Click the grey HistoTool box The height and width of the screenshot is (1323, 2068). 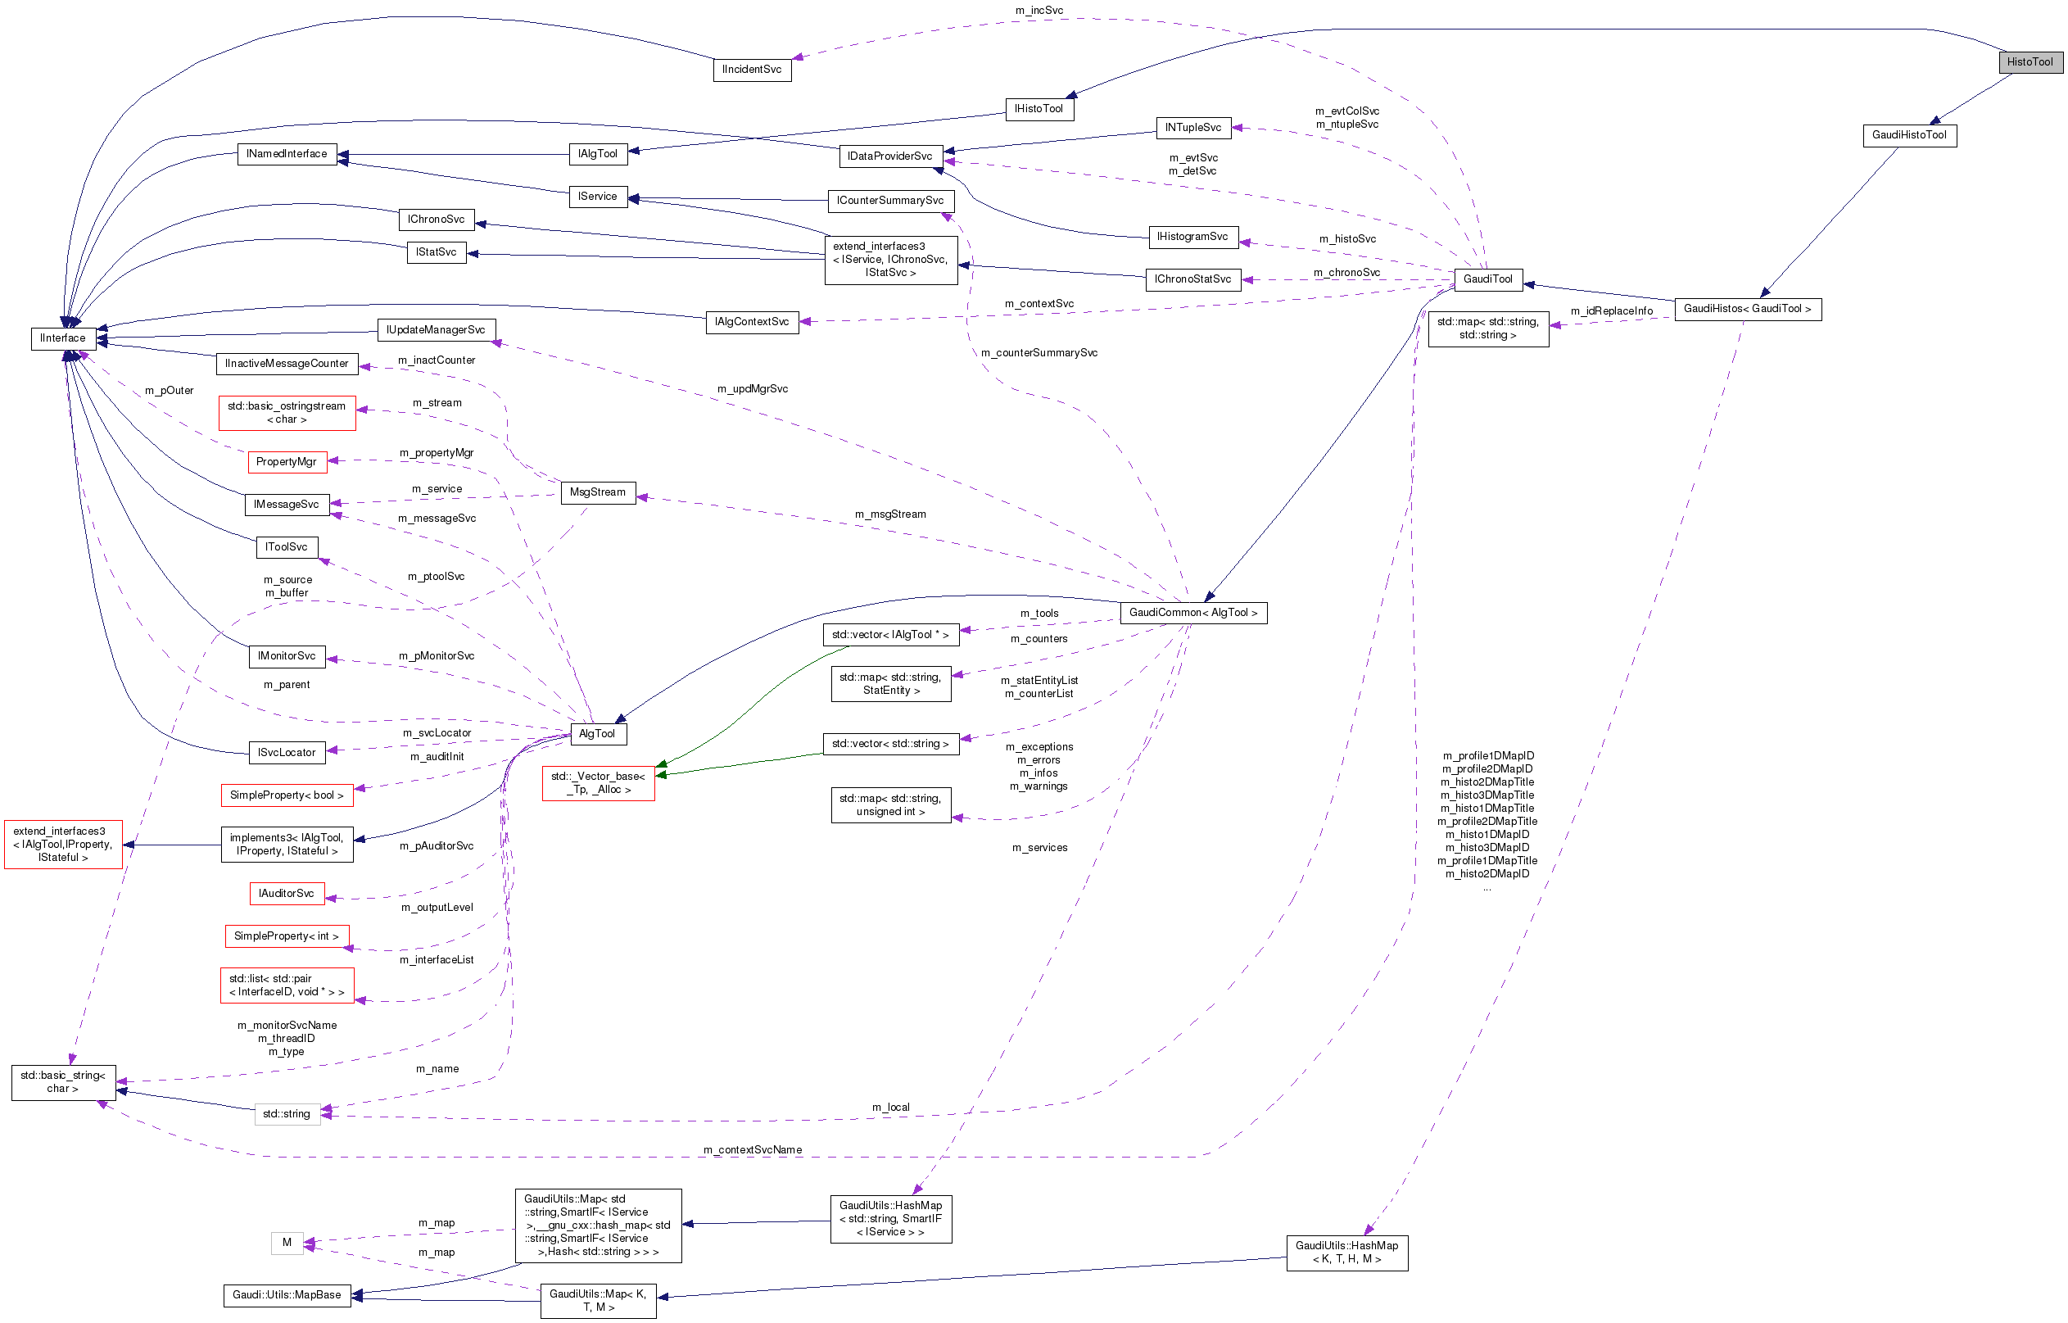2030,62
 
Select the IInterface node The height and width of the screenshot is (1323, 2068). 63,338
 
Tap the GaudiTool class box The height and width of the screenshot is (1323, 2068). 1487,279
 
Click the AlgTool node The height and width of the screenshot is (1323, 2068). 597,734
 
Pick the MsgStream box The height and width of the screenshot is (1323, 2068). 598,492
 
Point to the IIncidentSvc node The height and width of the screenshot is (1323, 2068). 752,70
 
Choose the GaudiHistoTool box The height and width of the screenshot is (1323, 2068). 1909,135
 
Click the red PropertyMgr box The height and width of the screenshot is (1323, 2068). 286,462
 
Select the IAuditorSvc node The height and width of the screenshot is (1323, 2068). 286,894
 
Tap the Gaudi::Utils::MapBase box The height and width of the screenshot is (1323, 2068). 287,1294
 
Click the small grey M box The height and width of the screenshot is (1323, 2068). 287,1242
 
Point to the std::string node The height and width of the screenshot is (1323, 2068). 287,1114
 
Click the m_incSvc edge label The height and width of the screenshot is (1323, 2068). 1039,11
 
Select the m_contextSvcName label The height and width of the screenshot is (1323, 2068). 753,1149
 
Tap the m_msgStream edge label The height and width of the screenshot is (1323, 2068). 889,514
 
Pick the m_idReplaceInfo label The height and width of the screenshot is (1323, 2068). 1611,311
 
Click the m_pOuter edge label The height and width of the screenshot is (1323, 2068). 170,391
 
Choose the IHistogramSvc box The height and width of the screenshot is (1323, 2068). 1192,236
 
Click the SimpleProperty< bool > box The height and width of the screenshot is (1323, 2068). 286,795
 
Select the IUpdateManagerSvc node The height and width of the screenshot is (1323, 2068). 436,330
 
